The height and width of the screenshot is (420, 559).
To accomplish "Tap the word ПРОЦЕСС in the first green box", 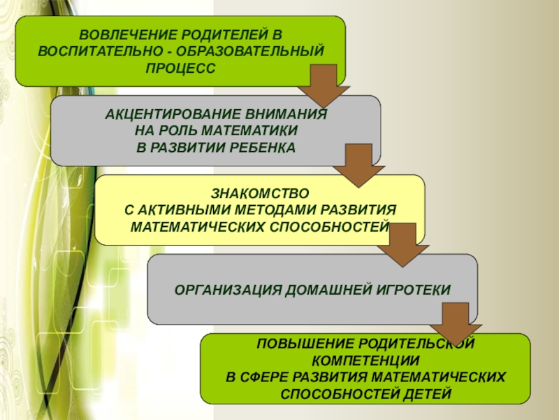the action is pos(181,67).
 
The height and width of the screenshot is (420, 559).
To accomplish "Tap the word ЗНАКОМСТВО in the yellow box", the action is pos(259,192).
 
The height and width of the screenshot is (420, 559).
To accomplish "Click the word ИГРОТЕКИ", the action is pos(412,289).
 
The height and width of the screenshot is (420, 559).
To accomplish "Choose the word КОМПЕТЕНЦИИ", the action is pos(366,361).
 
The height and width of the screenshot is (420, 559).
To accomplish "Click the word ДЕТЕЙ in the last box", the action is pos(423,394).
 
